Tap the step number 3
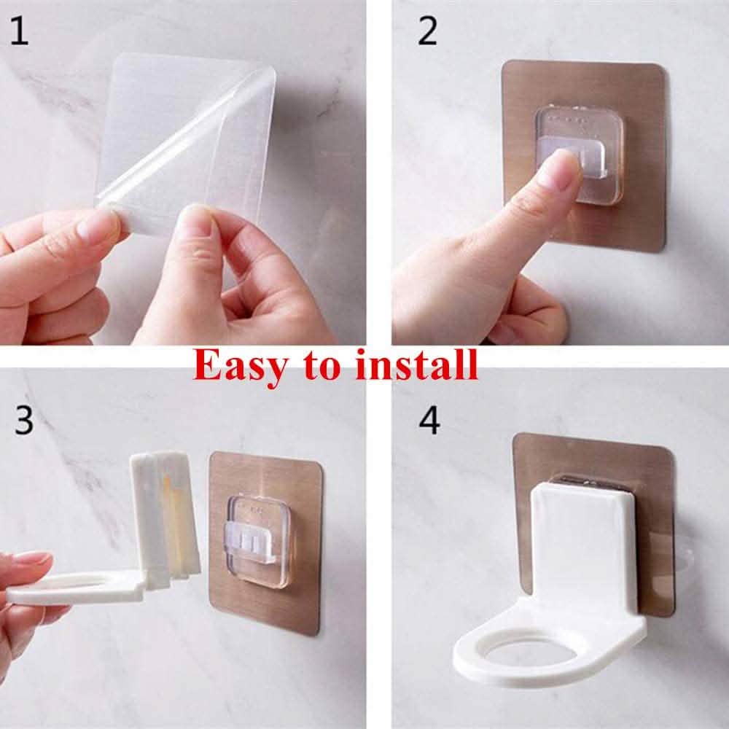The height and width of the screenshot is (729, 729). tap(24, 421)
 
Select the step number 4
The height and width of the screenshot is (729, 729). tap(429, 421)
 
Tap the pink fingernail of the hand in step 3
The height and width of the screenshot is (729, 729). tap(33, 558)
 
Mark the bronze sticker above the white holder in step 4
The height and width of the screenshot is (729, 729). tap(590, 456)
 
